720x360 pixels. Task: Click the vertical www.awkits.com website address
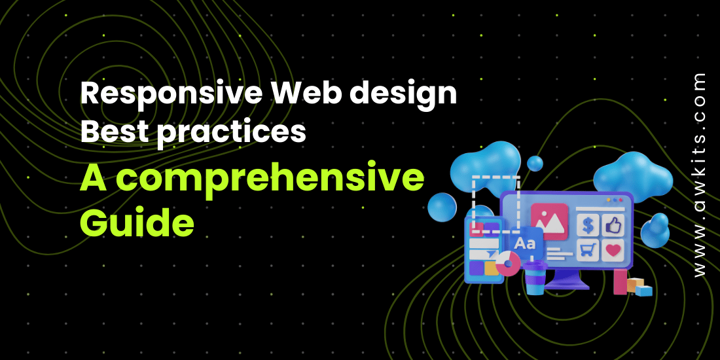click(x=700, y=175)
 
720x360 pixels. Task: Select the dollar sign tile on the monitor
click(x=588, y=225)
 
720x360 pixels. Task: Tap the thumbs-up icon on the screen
click(x=613, y=225)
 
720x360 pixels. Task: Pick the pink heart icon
click(x=613, y=250)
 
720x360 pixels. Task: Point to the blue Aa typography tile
click(x=526, y=244)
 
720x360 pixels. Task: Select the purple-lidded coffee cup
click(x=535, y=278)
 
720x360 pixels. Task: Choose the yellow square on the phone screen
click(x=490, y=268)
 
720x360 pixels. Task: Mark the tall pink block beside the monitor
click(x=621, y=281)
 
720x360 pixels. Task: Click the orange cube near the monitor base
click(x=636, y=285)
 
